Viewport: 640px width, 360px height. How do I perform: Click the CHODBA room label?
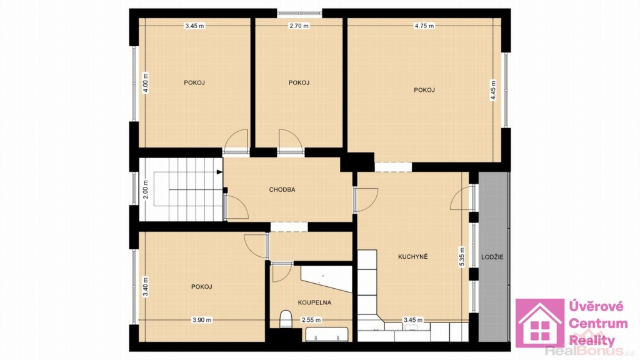[282, 190]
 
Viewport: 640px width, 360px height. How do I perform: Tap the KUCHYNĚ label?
[412, 257]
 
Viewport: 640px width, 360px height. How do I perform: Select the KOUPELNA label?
[314, 303]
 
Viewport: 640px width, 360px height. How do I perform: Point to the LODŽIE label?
[492, 257]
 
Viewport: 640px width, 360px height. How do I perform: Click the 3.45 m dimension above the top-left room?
[195, 26]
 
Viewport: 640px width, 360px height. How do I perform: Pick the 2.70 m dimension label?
[299, 26]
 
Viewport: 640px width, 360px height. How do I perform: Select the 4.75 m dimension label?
[424, 26]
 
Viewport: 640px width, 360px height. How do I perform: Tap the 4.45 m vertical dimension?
[493, 90]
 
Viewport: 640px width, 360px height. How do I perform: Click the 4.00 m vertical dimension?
[146, 83]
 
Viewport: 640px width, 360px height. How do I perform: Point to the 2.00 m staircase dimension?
[146, 189]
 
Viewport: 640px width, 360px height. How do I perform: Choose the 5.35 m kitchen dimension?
[462, 257]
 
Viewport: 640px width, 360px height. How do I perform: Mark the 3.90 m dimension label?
[202, 321]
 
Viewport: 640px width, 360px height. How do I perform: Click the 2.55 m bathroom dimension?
[311, 321]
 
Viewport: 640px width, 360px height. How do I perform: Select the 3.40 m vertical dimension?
[146, 287]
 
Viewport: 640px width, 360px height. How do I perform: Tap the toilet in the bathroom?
[286, 319]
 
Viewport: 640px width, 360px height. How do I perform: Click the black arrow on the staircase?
[219, 172]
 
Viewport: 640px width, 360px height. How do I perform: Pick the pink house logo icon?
[539, 323]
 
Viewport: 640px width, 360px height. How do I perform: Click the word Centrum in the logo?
[598, 324]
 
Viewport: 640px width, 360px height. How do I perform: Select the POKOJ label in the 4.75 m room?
[424, 90]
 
